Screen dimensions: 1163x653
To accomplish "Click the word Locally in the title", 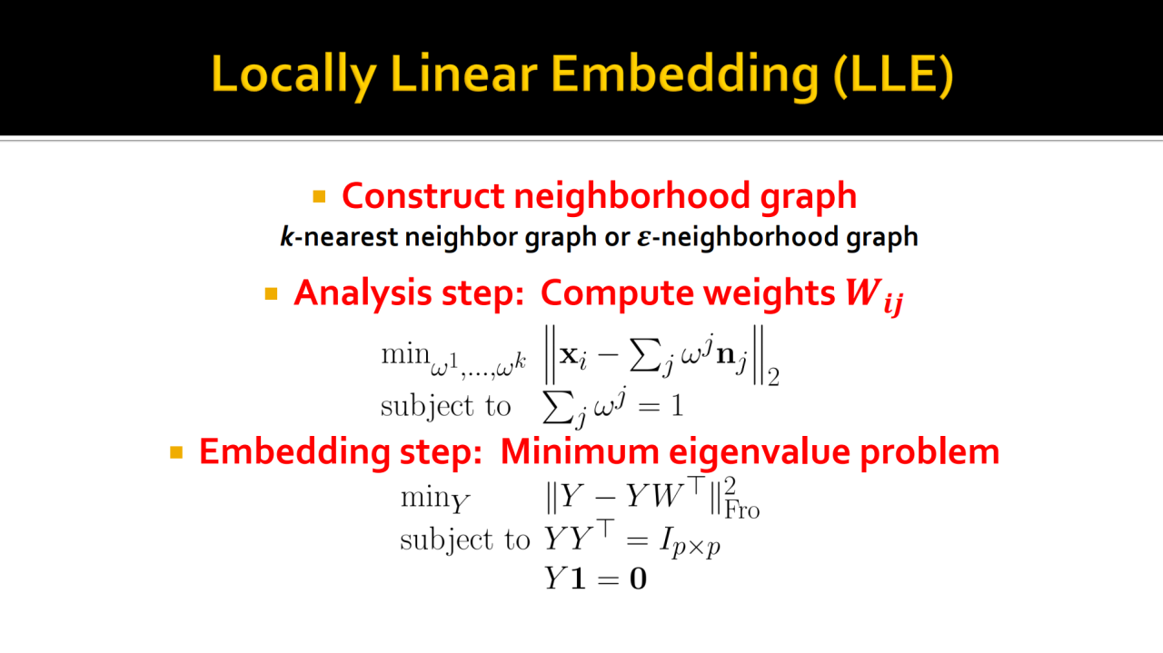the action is point(293,74).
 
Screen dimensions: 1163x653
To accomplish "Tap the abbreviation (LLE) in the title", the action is point(893,74).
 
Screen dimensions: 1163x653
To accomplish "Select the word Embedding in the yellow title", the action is point(684,74).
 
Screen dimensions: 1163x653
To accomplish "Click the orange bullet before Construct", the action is point(319,197).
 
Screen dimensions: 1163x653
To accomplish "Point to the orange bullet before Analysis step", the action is point(271,293).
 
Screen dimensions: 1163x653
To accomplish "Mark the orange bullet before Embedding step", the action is point(176,452).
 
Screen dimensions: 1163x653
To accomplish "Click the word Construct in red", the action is point(423,196).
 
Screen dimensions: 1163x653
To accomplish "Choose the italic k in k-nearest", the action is point(287,237).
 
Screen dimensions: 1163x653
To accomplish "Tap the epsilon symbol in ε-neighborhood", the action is point(644,238).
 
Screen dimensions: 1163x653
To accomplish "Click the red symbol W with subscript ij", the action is point(874,296).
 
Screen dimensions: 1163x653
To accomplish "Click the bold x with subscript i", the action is point(572,358).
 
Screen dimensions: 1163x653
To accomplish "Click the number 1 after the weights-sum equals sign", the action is point(677,405).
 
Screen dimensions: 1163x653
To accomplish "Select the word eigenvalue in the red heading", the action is point(760,451).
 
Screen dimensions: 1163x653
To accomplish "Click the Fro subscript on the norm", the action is point(742,510).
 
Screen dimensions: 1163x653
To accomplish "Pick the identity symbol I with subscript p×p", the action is point(690,543).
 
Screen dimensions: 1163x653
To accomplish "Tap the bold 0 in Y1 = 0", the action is point(638,579).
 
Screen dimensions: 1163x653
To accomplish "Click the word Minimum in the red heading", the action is point(580,450).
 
